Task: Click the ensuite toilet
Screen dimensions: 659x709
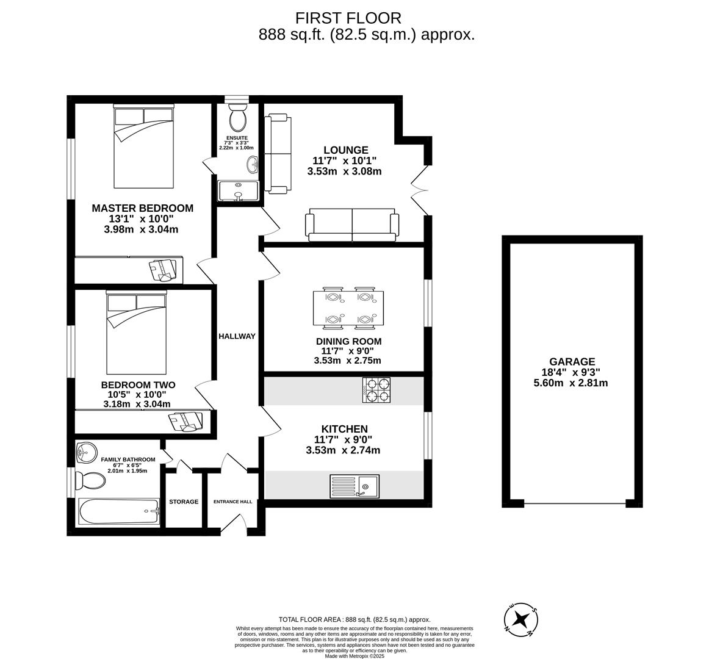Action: (237, 116)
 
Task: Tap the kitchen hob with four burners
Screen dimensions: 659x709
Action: (376, 391)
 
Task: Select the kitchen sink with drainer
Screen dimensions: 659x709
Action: (354, 486)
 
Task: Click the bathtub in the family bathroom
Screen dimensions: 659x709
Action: (119, 511)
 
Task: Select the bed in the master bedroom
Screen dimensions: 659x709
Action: (144, 147)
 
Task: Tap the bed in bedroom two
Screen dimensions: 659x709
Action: (137, 333)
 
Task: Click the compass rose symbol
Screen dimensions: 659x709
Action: (520, 619)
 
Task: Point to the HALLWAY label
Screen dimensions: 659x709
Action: (237, 336)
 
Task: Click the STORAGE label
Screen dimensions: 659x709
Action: (184, 502)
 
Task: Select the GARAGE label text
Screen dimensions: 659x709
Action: (571, 362)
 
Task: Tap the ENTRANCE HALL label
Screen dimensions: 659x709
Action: (232, 502)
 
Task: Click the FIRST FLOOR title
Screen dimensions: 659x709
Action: (348, 18)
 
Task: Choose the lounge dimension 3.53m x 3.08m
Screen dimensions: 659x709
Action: (344, 171)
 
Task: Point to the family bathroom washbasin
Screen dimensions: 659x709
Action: (86, 452)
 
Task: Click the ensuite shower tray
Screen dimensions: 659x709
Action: (238, 190)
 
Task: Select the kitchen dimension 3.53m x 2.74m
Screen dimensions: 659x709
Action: (343, 450)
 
